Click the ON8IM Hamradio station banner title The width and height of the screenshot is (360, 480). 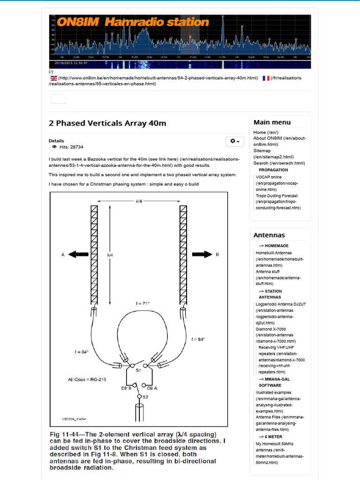click(x=133, y=22)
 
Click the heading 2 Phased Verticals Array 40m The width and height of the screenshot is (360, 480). click(x=107, y=123)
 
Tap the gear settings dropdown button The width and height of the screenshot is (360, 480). click(x=235, y=141)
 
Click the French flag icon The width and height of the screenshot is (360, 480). click(x=266, y=78)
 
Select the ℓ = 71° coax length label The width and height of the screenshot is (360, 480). click(x=142, y=304)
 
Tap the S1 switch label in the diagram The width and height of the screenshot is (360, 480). click(x=138, y=370)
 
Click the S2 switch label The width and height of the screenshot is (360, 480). click(x=145, y=397)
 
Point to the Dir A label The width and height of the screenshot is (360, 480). click(x=152, y=388)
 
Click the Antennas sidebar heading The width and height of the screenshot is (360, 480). click(x=269, y=235)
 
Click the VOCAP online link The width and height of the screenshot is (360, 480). click(x=269, y=177)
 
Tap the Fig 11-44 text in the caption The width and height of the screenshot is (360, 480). click(x=67, y=434)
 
